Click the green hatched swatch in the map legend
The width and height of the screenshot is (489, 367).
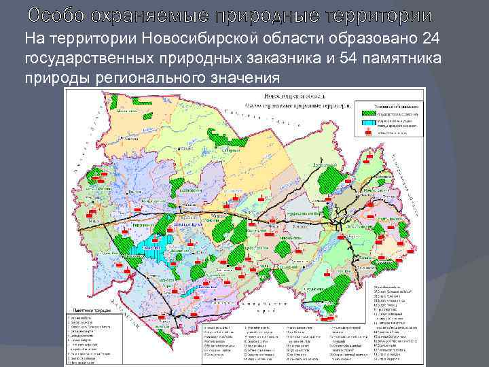coord(367,113)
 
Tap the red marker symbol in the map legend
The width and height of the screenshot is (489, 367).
coord(367,134)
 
